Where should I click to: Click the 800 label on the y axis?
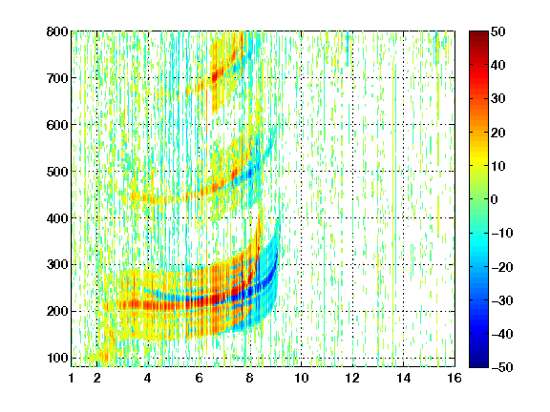pos(57,31)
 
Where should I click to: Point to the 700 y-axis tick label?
pos(57,78)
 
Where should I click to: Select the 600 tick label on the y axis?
pos(57,125)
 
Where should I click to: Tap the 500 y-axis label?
pos(57,172)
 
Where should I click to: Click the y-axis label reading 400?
pos(57,218)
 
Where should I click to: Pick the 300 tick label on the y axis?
pos(57,265)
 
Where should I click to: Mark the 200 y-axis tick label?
pos(57,312)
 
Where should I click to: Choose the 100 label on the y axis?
pos(57,358)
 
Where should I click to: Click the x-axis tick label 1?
pos(72,378)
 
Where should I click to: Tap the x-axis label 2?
pos(97,378)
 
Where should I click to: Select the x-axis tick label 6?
pos(200,378)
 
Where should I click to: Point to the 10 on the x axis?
pos(302,378)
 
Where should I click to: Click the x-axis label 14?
pos(404,378)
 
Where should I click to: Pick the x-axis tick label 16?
pos(455,378)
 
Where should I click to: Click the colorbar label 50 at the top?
pos(498,31)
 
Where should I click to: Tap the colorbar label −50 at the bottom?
pos(502,367)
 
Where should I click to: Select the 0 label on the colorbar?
pos(495,199)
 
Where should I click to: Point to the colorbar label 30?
pos(498,99)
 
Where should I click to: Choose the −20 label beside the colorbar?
pos(502,267)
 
